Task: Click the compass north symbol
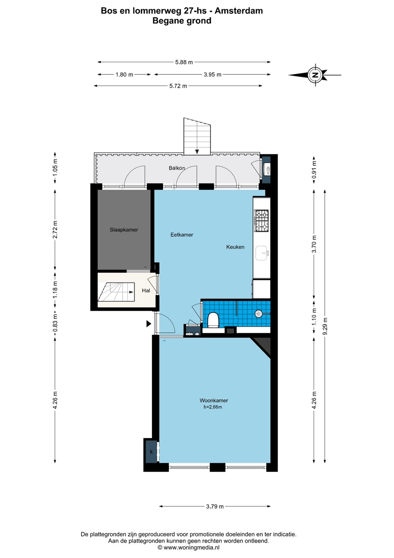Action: coord(315,75)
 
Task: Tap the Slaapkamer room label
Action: coord(124,230)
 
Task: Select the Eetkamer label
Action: coord(182,234)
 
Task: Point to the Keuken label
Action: coord(235,247)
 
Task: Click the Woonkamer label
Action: coord(214,400)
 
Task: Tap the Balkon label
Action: coord(177,168)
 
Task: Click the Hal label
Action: coord(146,291)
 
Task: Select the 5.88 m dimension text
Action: coord(184,62)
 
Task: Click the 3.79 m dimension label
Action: coord(215,504)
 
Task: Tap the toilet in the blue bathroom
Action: coord(213,320)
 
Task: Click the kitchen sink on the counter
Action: coord(262,253)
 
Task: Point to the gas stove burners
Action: coord(261,220)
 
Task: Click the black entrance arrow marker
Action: coord(149,324)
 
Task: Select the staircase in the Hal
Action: coord(116,292)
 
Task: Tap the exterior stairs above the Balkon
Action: coord(197,136)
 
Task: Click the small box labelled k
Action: coord(151,452)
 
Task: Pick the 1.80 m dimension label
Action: coord(124,74)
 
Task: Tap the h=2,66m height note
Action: coord(212,407)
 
